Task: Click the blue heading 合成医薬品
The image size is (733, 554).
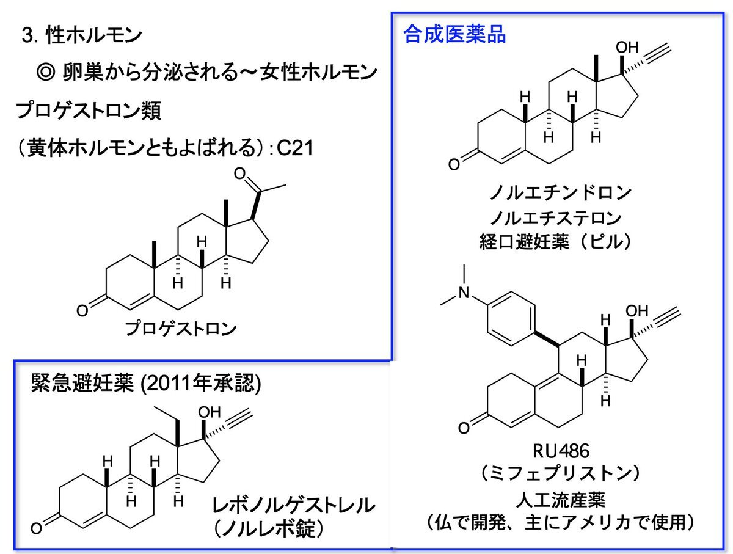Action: tap(454, 35)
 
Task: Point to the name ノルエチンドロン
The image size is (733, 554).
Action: tap(561, 194)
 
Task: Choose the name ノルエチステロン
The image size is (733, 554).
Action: tap(560, 217)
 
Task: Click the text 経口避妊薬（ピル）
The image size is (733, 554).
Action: tap(560, 242)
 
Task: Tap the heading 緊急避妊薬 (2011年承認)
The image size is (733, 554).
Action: tap(147, 383)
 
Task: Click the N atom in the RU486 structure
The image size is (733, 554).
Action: tap(466, 294)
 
